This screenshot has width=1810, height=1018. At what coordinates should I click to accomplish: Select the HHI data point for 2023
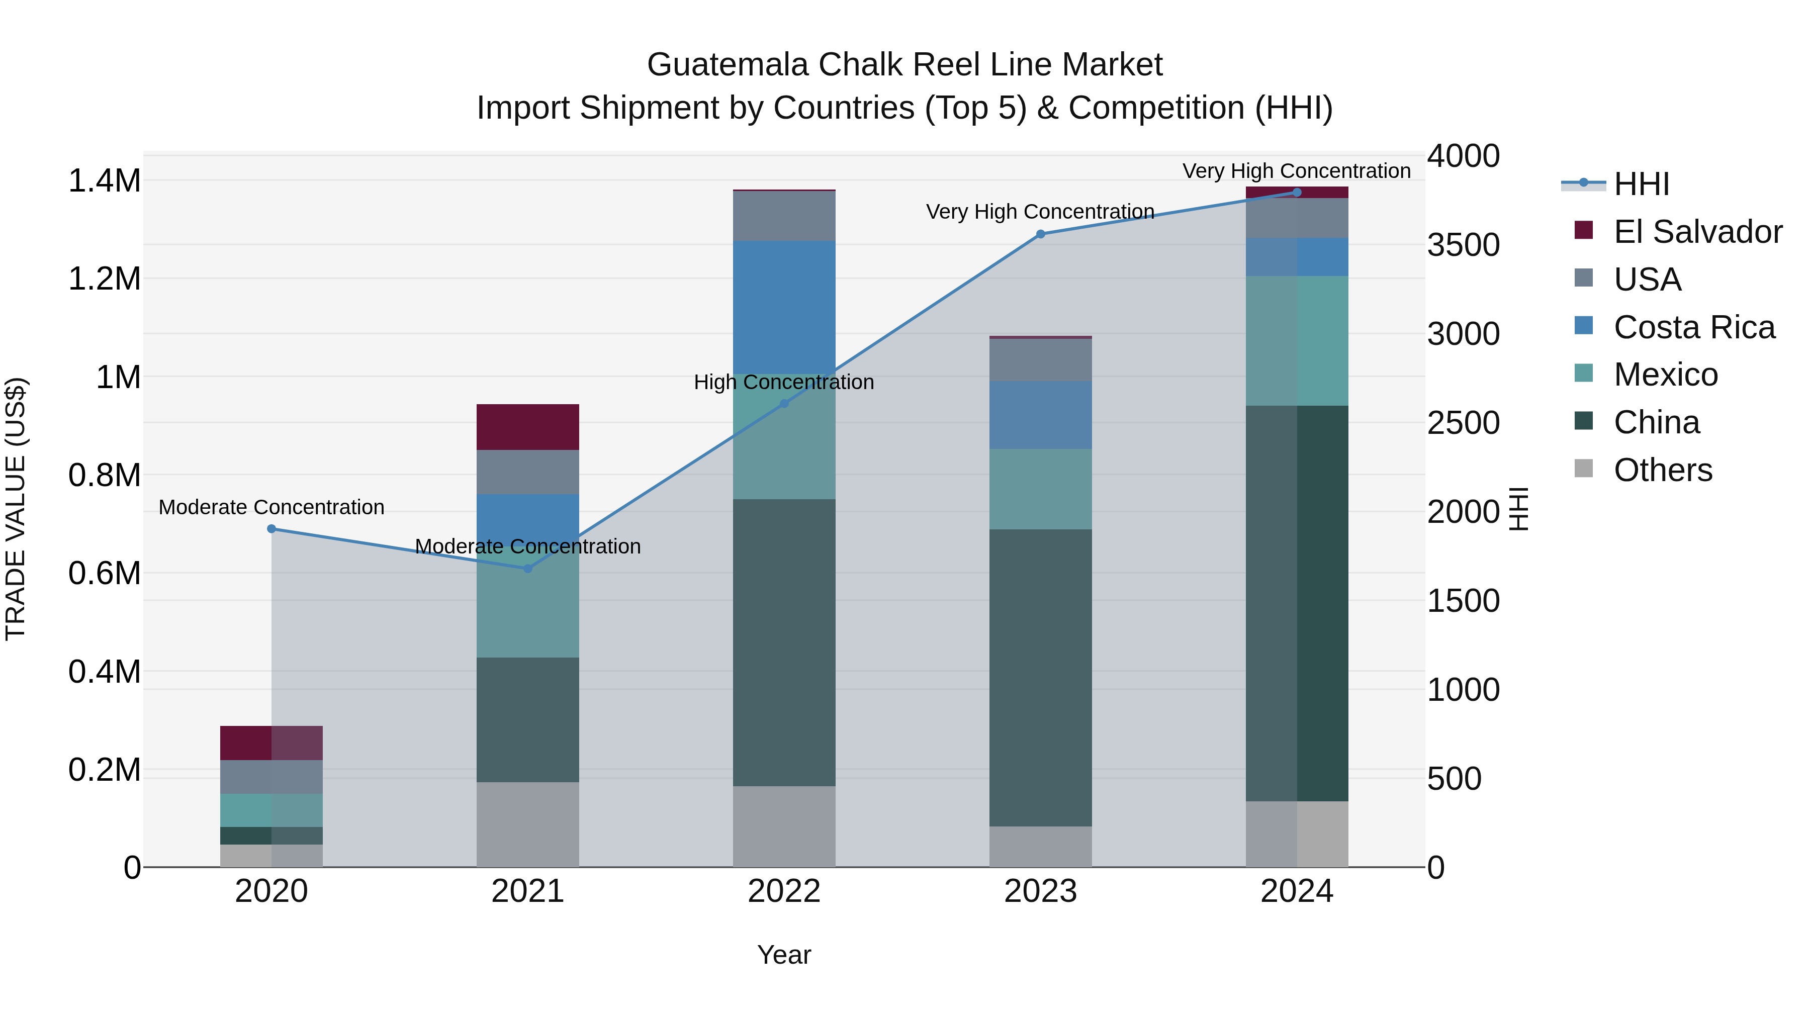click(1041, 234)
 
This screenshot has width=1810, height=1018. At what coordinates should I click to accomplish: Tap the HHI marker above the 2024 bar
click(1297, 193)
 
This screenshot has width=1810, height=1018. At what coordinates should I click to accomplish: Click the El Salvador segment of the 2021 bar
click(528, 427)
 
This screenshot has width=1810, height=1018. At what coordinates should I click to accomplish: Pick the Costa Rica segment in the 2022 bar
click(784, 308)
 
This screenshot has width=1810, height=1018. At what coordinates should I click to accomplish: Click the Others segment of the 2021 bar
click(528, 824)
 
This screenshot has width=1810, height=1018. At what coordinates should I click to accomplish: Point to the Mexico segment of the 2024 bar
click(1297, 341)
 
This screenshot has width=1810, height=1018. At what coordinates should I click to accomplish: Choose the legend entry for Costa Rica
click(1694, 327)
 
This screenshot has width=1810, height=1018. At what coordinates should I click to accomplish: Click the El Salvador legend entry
click(1697, 232)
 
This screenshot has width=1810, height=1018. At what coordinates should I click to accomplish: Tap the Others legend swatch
click(1584, 469)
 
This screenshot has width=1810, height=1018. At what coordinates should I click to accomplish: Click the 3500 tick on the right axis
click(1464, 245)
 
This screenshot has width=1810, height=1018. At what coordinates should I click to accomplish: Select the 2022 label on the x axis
click(784, 891)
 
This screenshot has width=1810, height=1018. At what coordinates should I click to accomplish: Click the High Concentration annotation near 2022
click(784, 382)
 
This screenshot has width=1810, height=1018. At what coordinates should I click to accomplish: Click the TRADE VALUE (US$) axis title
click(16, 509)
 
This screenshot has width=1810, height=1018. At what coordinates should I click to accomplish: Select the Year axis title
click(784, 955)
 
